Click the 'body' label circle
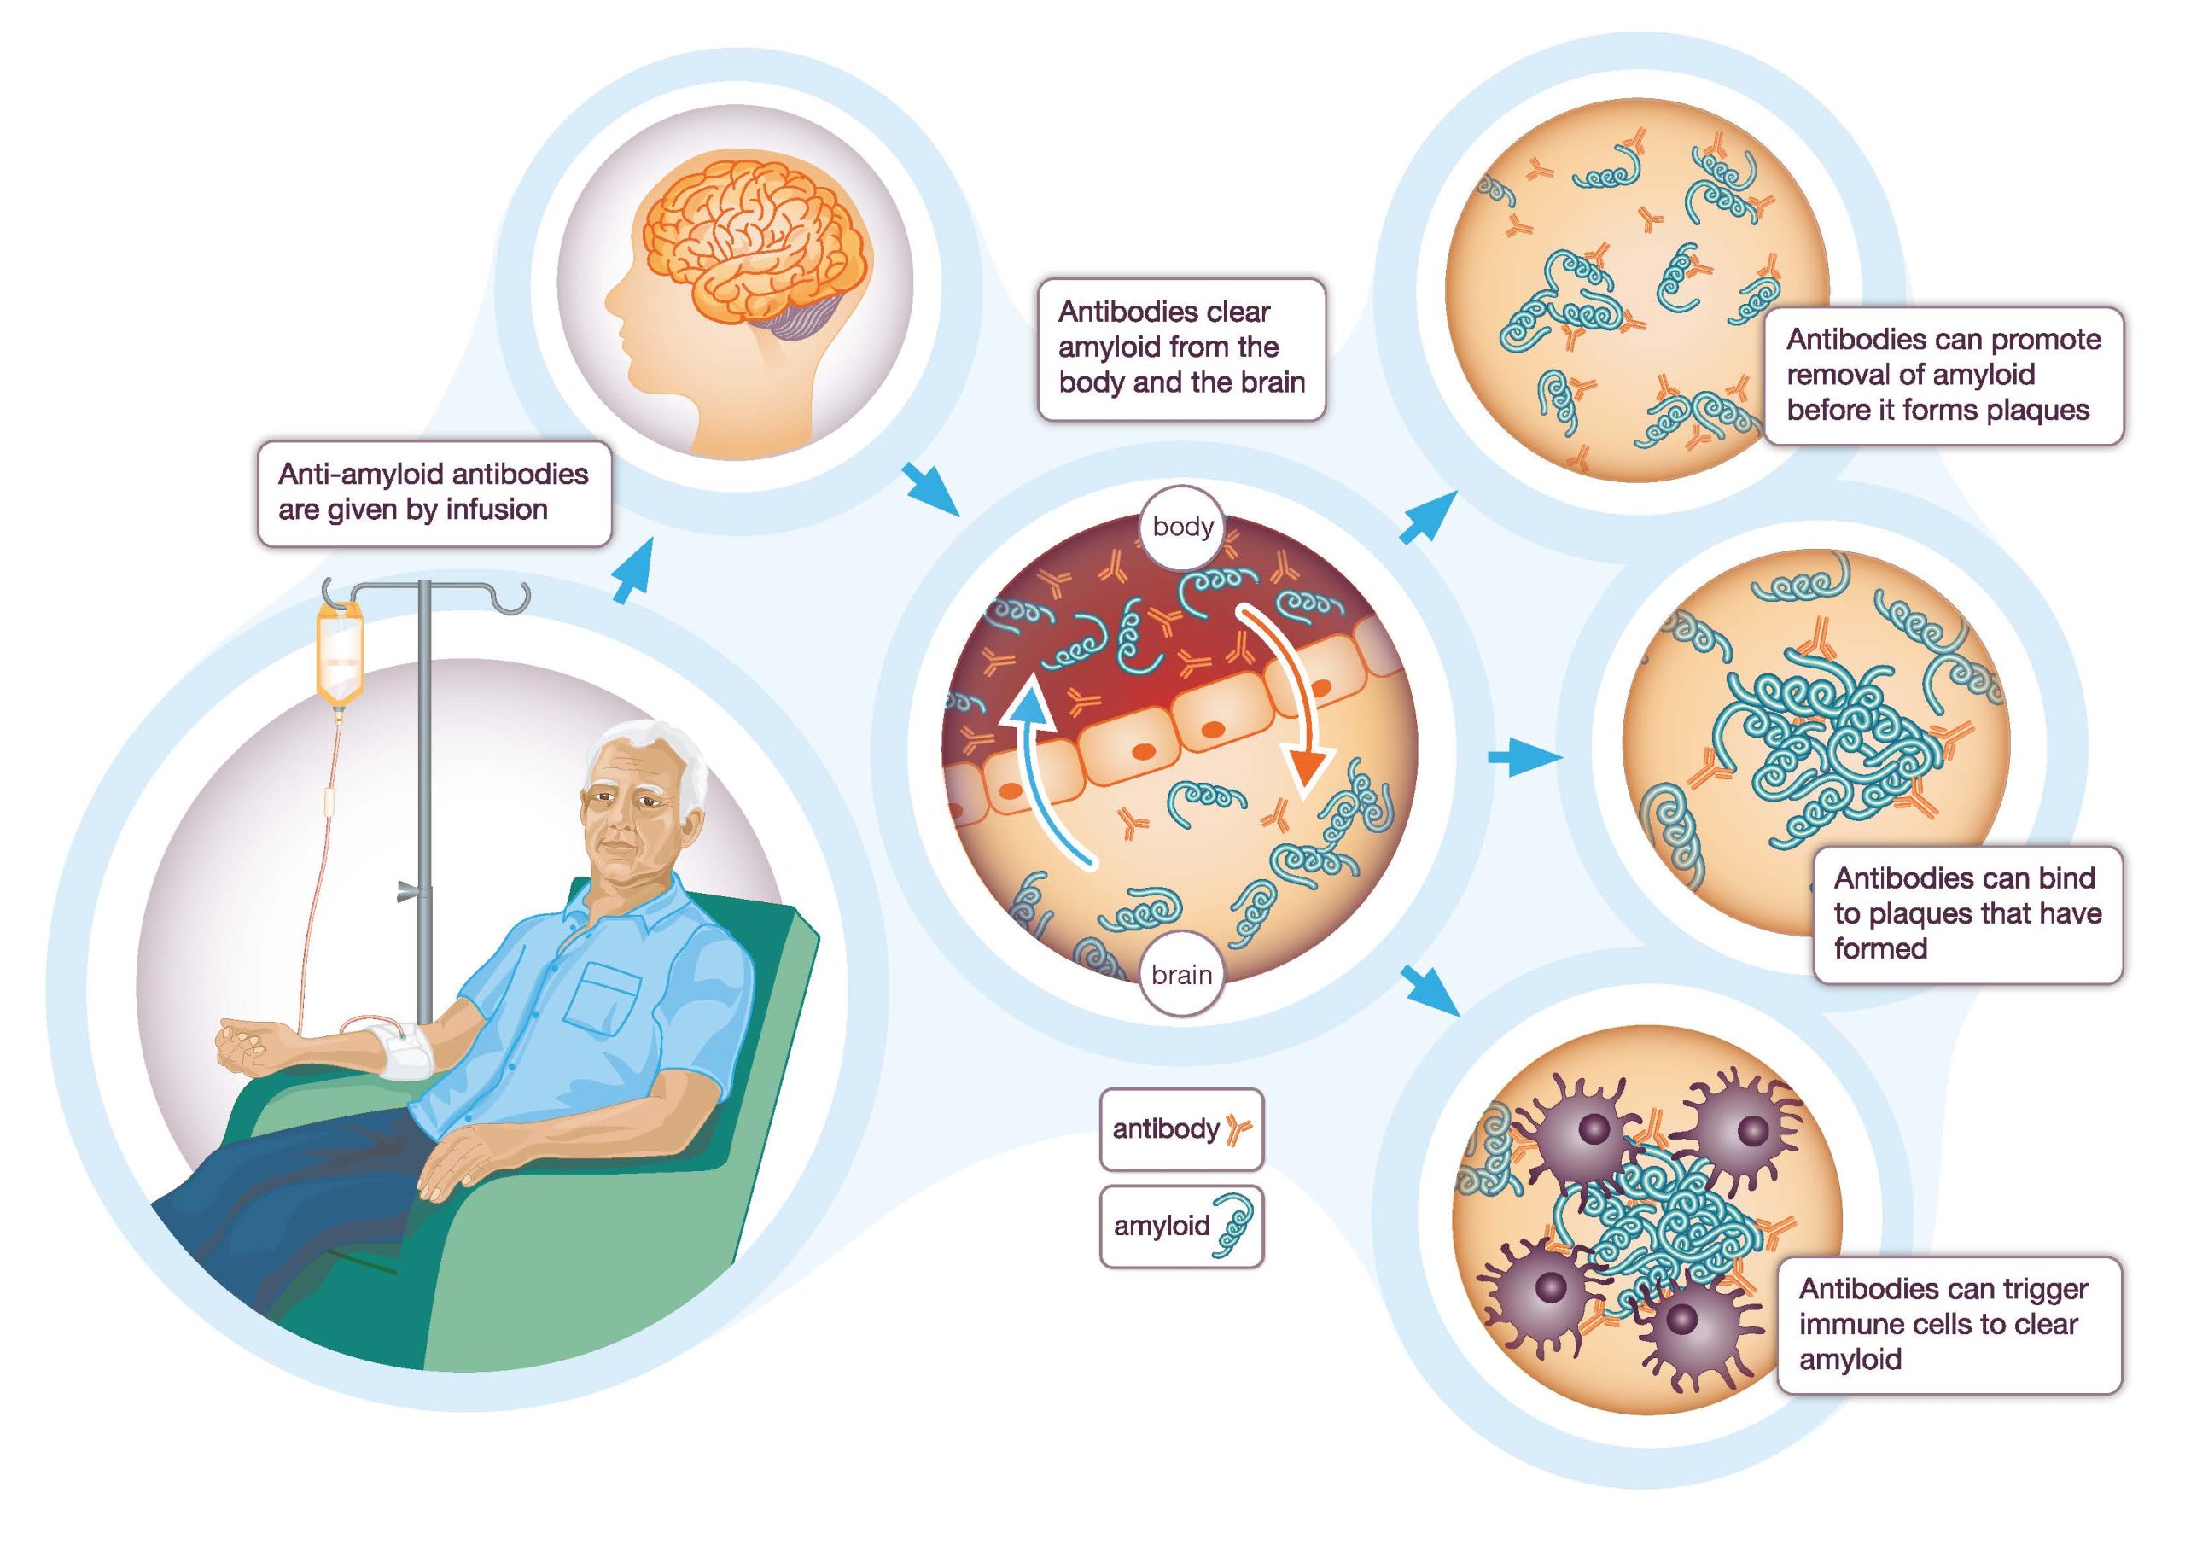pyautogui.click(x=1182, y=527)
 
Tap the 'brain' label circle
pyautogui.click(x=1181, y=975)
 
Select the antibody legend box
pyautogui.click(x=1180, y=1129)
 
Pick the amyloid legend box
pyautogui.click(x=1180, y=1226)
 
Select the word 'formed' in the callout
pyautogui.click(x=1880, y=948)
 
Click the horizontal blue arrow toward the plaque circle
pyautogui.click(x=1523, y=759)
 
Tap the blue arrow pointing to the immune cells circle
pyautogui.click(x=1431, y=991)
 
